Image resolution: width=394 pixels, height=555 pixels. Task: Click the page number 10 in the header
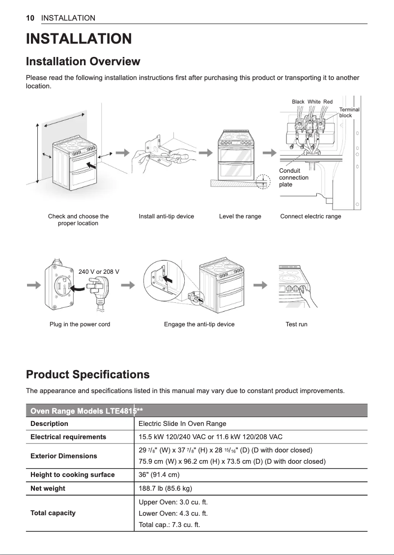point(30,18)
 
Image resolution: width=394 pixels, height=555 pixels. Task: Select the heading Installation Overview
point(83,62)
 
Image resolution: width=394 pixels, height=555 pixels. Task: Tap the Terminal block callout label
point(349,112)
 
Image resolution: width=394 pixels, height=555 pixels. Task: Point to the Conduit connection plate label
point(293,178)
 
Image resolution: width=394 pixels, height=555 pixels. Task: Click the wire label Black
point(298,102)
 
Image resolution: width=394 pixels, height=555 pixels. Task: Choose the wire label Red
point(328,102)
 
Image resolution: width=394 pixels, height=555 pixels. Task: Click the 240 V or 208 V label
point(99,271)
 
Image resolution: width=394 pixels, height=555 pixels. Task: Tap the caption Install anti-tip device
point(166,216)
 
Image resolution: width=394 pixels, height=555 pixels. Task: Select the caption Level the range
point(240,216)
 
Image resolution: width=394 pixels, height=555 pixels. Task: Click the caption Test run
point(296,324)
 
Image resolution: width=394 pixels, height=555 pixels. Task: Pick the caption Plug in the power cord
point(80,324)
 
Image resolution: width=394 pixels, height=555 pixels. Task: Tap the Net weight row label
point(48,489)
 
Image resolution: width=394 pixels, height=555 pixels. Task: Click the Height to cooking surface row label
point(72,475)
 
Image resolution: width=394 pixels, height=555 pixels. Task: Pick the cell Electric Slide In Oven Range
point(182,423)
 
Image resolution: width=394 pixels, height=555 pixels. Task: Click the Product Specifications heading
point(87,375)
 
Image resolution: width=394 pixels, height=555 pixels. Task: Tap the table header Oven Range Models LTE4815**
point(86,410)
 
